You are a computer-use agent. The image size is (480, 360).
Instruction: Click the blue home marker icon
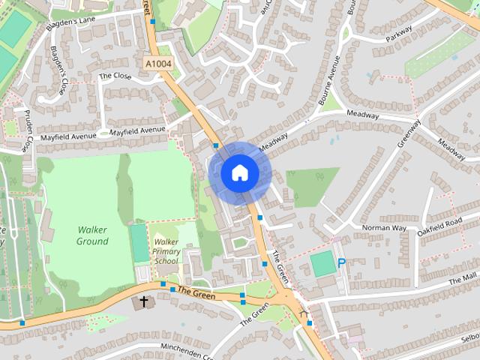pyautogui.click(x=239, y=172)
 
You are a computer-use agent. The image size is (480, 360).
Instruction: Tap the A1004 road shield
pyautogui.click(x=158, y=64)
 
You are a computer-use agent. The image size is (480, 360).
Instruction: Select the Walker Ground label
pyautogui.click(x=92, y=235)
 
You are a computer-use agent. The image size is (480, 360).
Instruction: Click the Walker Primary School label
pyautogui.click(x=166, y=251)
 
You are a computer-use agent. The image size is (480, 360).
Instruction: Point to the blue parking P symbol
pyautogui.click(x=342, y=263)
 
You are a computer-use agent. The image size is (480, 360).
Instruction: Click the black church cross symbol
pyautogui.click(x=142, y=303)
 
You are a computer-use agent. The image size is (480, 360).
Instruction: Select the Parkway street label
pyautogui.click(x=399, y=35)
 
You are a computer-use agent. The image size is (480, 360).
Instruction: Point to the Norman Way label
pyautogui.click(x=383, y=227)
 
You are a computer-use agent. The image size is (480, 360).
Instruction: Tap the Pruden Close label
pyautogui.click(x=27, y=133)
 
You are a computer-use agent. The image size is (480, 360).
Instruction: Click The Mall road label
pyautogui.click(x=463, y=280)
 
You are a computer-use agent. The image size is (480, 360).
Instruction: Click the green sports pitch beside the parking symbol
pyautogui.click(x=322, y=264)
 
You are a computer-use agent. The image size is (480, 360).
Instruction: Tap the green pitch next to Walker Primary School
pyautogui.click(x=139, y=242)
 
